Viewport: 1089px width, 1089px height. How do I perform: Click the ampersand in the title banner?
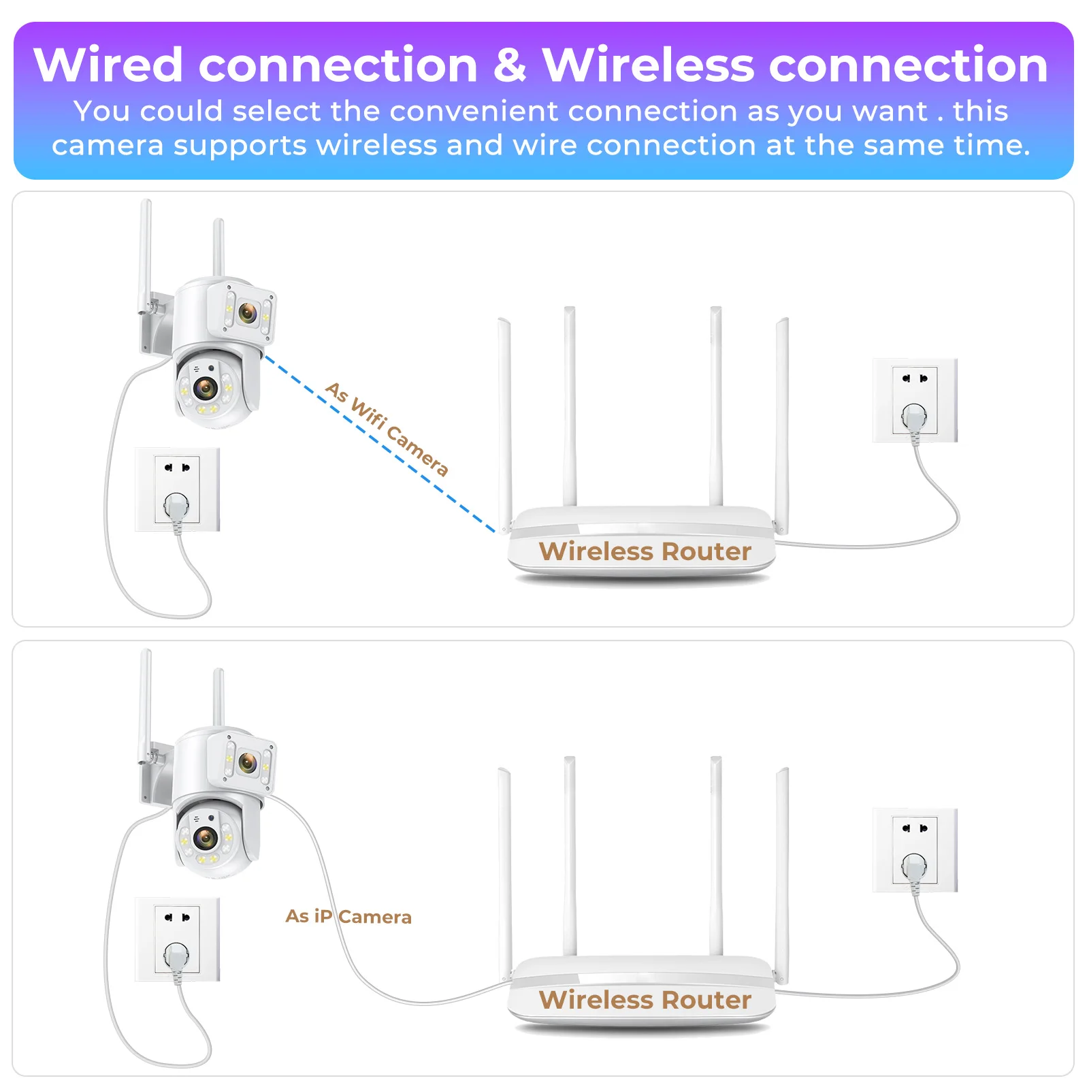click(x=509, y=65)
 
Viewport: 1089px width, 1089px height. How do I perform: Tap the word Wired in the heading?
click(x=108, y=65)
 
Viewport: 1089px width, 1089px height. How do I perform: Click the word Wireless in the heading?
click(x=647, y=65)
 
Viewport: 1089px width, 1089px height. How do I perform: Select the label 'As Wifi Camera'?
click(x=387, y=429)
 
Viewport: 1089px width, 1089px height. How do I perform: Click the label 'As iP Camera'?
click(x=348, y=916)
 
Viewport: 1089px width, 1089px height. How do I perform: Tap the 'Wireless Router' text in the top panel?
click(x=645, y=551)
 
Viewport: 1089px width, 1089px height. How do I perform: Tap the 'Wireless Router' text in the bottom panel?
click(x=645, y=1000)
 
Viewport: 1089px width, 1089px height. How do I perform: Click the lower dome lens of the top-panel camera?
click(x=205, y=388)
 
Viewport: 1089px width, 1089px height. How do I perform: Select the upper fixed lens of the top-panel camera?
click(x=248, y=312)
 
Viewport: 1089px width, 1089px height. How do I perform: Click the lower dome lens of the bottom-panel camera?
click(x=205, y=837)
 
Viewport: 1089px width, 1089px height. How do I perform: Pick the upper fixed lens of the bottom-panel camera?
click(x=248, y=762)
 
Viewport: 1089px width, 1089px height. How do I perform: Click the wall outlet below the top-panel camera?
click(x=177, y=489)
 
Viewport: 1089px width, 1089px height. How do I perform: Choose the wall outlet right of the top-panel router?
click(x=915, y=400)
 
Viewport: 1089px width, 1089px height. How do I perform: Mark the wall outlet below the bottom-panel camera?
click(x=177, y=939)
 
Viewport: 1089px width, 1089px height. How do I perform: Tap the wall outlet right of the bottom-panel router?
click(x=915, y=849)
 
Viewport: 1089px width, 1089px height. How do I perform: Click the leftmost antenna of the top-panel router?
click(x=505, y=422)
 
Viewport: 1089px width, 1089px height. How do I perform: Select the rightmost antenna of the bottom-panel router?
click(x=782, y=871)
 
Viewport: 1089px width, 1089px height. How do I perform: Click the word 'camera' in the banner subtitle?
click(x=108, y=146)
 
